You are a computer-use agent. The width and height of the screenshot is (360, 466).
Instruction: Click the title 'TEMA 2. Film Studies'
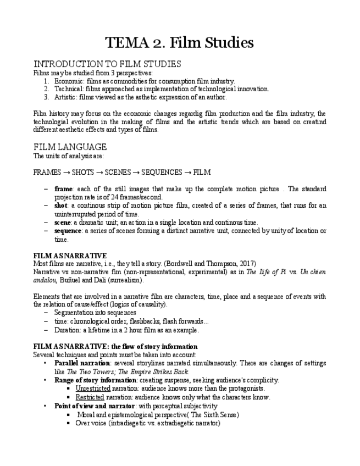click(x=180, y=42)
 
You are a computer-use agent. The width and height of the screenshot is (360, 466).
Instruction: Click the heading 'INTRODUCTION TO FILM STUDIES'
click(x=107, y=64)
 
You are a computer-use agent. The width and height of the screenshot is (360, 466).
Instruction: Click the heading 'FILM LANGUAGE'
click(x=70, y=147)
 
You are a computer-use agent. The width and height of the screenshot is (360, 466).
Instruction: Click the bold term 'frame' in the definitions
click(x=63, y=189)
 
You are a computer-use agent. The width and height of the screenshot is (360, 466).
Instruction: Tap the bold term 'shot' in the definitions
click(x=60, y=206)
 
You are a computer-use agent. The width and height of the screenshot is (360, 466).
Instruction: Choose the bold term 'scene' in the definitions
click(x=63, y=223)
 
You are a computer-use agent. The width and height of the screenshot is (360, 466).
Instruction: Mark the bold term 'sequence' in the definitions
click(x=68, y=231)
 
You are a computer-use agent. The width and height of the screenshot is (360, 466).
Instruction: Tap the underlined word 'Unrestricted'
click(x=93, y=389)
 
